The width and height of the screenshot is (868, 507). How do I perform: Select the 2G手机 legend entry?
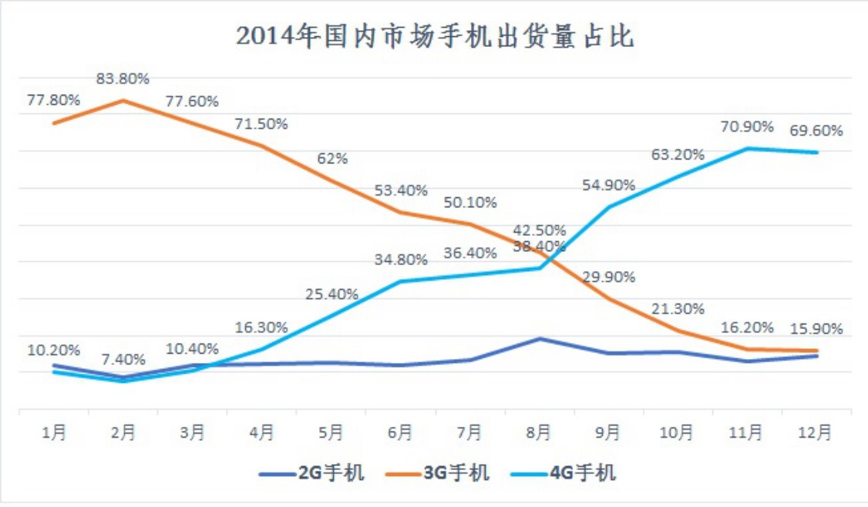pos(311,472)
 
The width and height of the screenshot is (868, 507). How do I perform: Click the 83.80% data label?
pos(123,79)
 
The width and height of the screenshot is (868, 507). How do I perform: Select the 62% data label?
pos(332,159)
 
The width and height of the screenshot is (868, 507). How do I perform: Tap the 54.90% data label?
pos(609,185)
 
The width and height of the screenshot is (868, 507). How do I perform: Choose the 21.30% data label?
pos(678,309)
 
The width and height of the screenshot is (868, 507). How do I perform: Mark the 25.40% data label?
pos(332,294)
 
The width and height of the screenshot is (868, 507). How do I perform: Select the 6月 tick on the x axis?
pos(400,433)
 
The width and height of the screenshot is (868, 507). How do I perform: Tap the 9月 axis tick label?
pos(608,433)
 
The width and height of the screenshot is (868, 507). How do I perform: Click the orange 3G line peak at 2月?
pos(123,100)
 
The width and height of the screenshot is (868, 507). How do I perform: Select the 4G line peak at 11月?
pos(747,148)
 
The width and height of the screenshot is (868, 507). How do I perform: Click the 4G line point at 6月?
pos(400,281)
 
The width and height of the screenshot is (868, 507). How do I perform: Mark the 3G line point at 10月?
pos(678,331)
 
